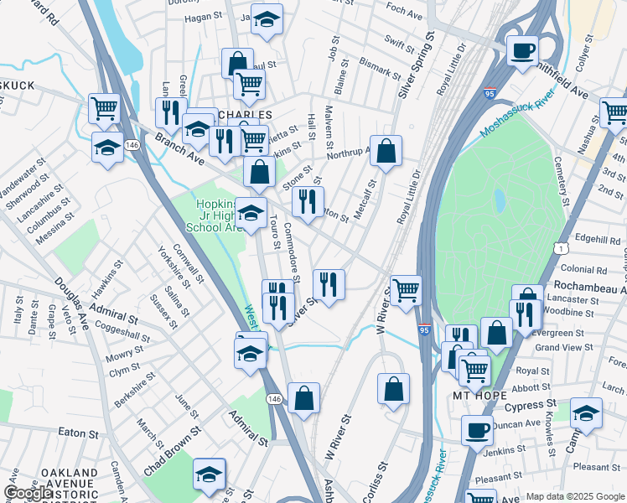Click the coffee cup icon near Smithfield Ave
pyautogui.click(x=522, y=50)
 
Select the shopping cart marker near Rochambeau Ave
pyautogui.click(x=407, y=290)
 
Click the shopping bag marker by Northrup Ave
pyautogui.click(x=386, y=152)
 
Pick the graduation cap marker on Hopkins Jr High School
pyautogui.click(x=251, y=213)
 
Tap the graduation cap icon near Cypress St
pyautogui.click(x=586, y=413)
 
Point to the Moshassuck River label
pyautogui.click(x=517, y=117)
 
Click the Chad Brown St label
pyautogui.click(x=172, y=451)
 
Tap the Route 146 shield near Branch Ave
pyautogui.click(x=132, y=145)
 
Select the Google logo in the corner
pyautogui.click(x=28, y=493)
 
